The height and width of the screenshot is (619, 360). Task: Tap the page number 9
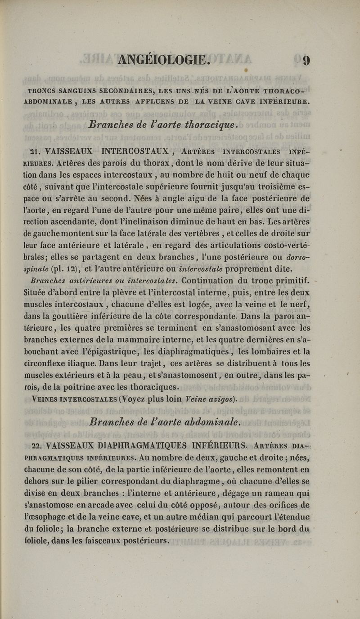(306, 60)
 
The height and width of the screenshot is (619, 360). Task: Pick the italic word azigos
(216, 399)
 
